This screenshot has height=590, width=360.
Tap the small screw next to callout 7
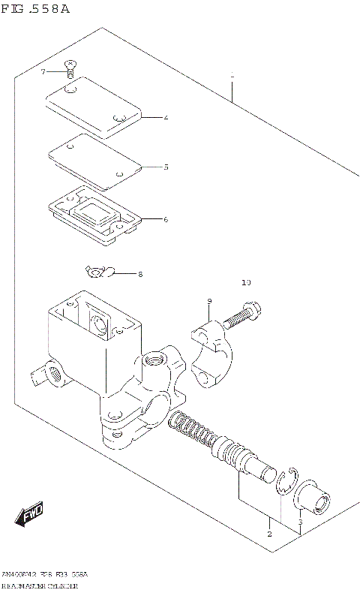pos(69,69)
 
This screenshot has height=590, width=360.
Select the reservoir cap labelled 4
pos(93,107)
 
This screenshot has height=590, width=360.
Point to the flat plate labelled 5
pos(94,161)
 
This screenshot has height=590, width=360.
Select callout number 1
pos(233,76)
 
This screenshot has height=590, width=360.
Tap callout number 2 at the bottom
pos(268,534)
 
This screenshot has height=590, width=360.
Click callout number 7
pos(43,71)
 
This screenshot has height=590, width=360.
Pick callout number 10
pos(247,283)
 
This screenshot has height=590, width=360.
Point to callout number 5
pos(166,167)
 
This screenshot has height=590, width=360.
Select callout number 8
pos(139,275)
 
